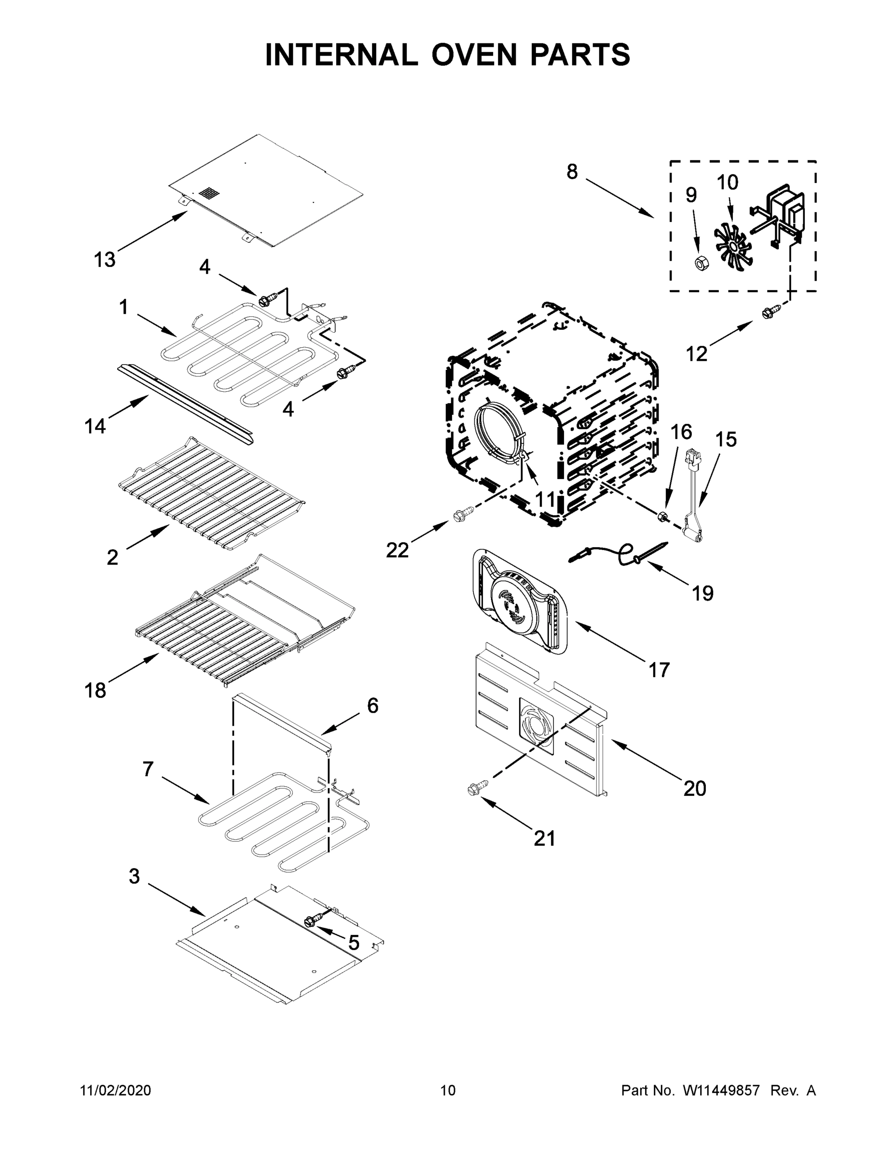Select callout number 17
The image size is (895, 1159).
(x=659, y=670)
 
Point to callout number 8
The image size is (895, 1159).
(x=572, y=171)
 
